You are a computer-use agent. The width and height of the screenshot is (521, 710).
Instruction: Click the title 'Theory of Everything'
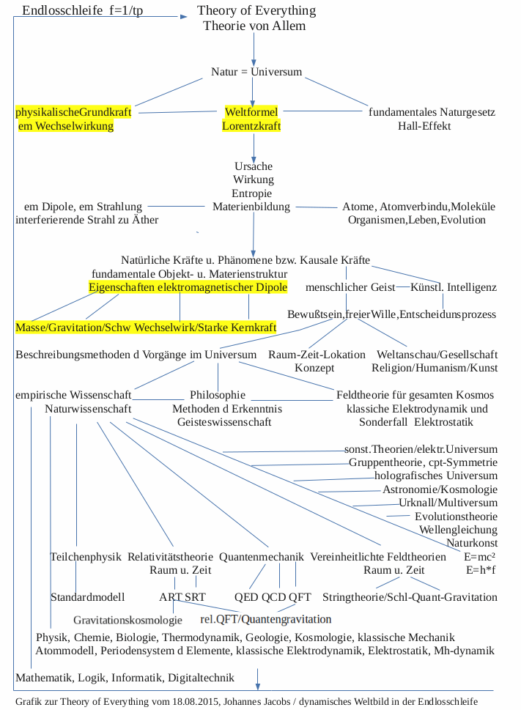[x=256, y=11]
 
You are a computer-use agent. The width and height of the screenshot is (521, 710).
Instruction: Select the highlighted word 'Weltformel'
[x=252, y=112]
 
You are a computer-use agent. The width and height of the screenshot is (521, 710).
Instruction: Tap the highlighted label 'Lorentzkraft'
[x=251, y=126]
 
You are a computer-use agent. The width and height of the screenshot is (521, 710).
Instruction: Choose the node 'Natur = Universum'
[x=256, y=73]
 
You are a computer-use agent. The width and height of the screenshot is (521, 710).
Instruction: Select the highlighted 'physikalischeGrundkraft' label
[x=73, y=112]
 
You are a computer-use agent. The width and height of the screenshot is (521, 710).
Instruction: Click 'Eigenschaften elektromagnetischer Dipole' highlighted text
[x=188, y=286]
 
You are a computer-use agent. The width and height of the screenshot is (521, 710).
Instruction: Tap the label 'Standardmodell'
[x=87, y=597]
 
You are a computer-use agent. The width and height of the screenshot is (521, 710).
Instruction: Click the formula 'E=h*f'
[x=481, y=569]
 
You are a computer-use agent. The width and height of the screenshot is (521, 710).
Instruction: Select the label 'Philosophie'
[x=217, y=395]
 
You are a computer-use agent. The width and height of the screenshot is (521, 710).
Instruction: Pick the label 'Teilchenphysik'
[x=85, y=557]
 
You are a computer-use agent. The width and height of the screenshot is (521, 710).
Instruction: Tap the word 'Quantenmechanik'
[x=261, y=557]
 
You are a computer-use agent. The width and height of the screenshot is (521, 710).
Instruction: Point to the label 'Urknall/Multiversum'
[x=448, y=503]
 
